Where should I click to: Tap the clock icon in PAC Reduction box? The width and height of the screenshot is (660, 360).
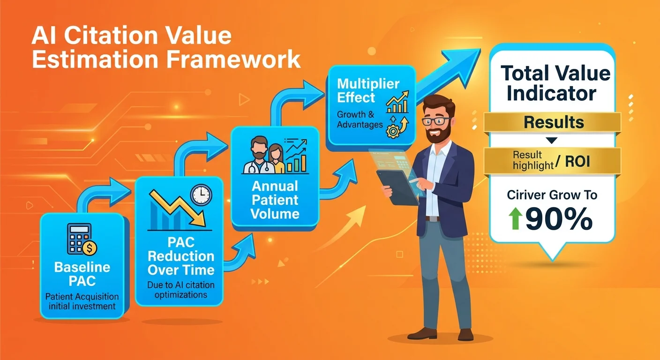click(201, 194)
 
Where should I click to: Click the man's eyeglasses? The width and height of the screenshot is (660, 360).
click(435, 119)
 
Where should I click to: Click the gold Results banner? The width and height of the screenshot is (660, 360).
click(554, 123)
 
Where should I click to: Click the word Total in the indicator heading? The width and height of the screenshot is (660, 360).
click(525, 74)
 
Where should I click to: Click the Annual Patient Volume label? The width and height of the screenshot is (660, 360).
click(275, 201)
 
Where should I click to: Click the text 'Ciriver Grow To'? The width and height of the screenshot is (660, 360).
click(552, 195)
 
